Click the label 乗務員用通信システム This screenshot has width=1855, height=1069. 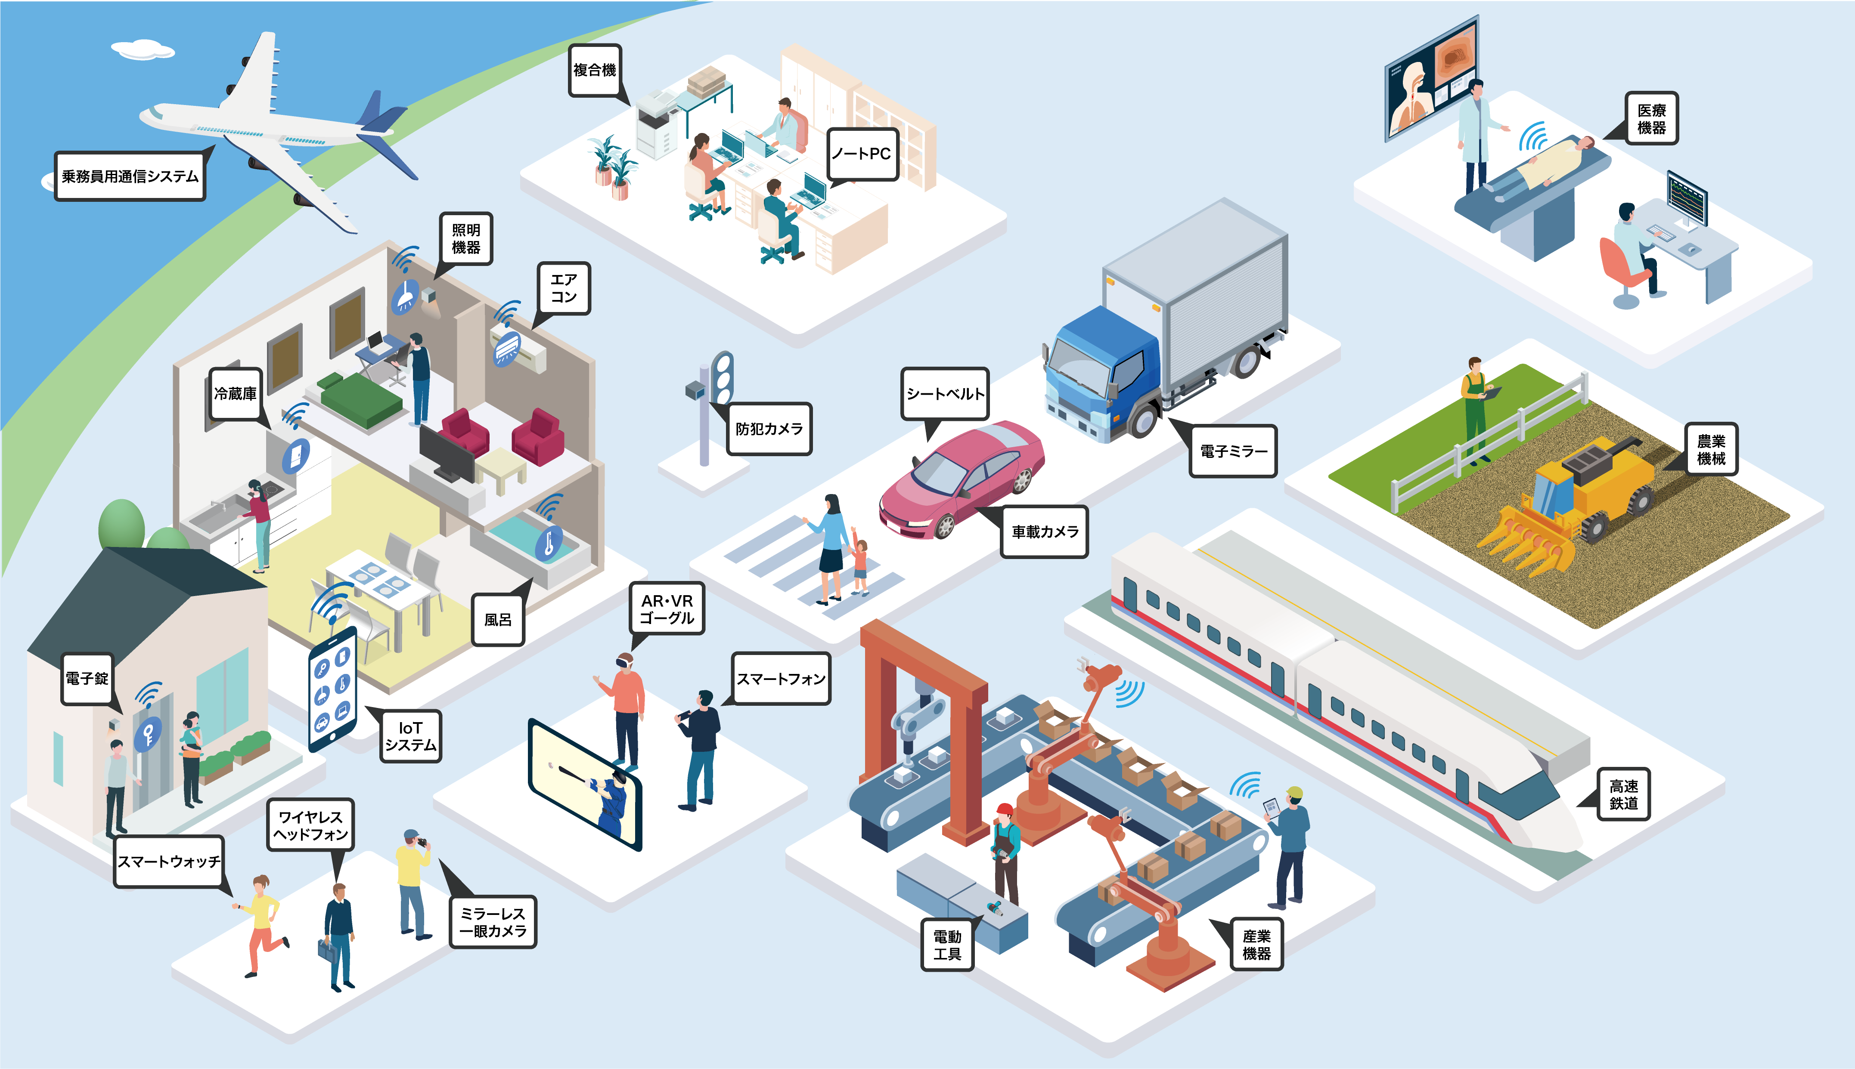click(130, 176)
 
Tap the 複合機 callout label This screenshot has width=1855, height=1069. click(595, 71)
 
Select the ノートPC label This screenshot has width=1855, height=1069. click(862, 154)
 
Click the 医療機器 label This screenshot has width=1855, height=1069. click(1652, 118)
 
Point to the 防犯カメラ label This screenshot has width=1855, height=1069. click(769, 429)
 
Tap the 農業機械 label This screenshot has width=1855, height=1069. click(1711, 449)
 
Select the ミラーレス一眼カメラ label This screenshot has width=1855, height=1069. click(493, 922)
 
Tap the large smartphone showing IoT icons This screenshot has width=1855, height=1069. click(333, 689)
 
